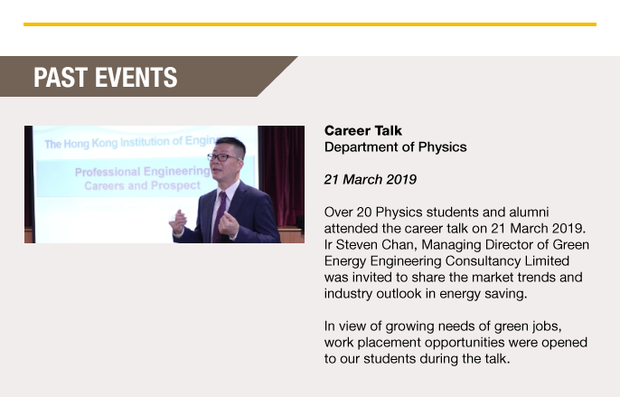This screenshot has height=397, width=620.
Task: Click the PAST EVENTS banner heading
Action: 106,77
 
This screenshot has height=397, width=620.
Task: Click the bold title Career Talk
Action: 363,130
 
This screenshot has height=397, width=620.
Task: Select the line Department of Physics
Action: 396,147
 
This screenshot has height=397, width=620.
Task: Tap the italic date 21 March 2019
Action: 371,179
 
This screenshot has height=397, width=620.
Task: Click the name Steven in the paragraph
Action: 357,244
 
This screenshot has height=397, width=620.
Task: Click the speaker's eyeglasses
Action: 222,157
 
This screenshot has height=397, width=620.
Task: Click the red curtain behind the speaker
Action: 281,175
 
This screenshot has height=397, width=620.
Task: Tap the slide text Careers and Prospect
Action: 143,185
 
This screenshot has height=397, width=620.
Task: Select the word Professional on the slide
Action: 108,172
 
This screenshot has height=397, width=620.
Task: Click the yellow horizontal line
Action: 310,24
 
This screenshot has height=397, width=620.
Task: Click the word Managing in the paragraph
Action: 446,245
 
